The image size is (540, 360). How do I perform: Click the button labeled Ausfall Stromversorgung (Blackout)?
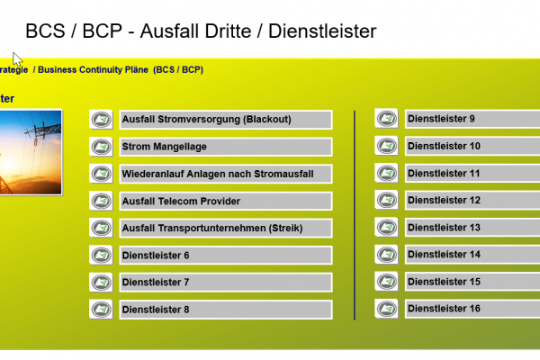224,120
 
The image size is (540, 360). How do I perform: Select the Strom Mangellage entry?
224,147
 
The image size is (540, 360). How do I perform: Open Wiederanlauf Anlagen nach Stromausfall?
224,174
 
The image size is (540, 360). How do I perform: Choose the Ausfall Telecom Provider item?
224,201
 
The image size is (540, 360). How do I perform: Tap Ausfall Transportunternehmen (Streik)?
224,228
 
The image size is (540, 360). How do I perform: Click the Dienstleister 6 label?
224,256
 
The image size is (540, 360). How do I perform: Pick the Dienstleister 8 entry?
224,310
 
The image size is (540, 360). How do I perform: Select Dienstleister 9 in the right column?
468,119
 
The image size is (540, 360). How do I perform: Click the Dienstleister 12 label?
468,200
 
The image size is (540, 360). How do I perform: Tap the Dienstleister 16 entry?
468,309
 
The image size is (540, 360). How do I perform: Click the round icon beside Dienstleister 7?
102,283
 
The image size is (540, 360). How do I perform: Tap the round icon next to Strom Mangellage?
102,147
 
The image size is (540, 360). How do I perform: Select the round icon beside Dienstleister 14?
386,255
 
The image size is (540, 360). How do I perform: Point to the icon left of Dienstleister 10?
386,146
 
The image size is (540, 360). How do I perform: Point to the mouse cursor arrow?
17,58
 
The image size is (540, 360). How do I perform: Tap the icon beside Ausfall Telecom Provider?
102,201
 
